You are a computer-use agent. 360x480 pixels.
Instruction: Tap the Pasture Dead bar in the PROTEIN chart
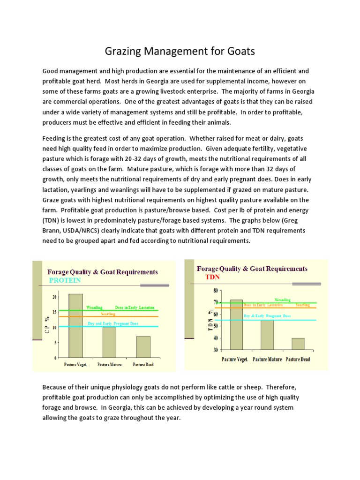click(x=143, y=347)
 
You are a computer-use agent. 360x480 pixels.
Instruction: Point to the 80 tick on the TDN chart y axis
click(x=215, y=290)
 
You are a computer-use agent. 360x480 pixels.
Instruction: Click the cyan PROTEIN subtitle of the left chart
click(x=65, y=280)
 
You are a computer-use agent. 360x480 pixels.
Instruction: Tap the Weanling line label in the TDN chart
click(x=282, y=300)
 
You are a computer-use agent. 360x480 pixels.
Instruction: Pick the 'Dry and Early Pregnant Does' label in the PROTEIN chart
click(x=113, y=324)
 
